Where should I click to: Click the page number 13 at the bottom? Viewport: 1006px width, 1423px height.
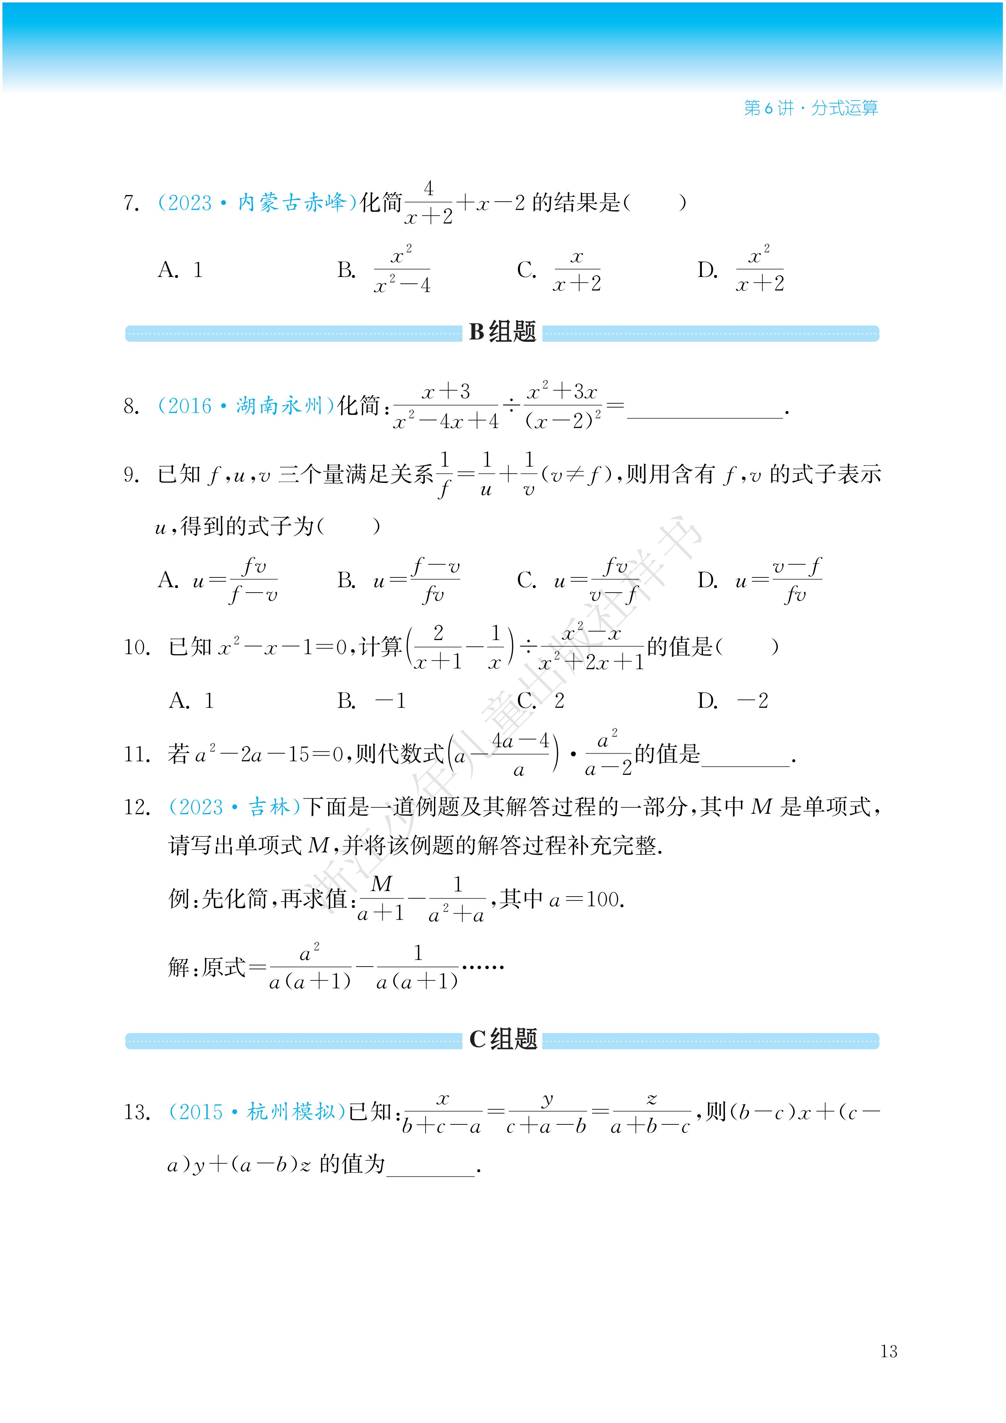[x=888, y=1351]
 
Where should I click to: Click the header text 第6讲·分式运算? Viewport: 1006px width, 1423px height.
[x=811, y=108]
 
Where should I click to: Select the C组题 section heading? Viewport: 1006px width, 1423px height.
[x=502, y=1039]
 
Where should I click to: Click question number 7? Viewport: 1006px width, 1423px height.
[x=131, y=203]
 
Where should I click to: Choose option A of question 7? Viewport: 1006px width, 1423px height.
[x=180, y=270]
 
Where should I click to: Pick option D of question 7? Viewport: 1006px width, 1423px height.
[x=741, y=270]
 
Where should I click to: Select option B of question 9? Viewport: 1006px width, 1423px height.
[x=398, y=581]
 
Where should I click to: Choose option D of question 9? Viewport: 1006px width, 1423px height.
[x=759, y=581]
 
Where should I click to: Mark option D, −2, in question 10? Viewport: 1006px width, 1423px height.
[x=732, y=701]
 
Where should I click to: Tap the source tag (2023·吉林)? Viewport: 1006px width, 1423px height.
[x=234, y=807]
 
